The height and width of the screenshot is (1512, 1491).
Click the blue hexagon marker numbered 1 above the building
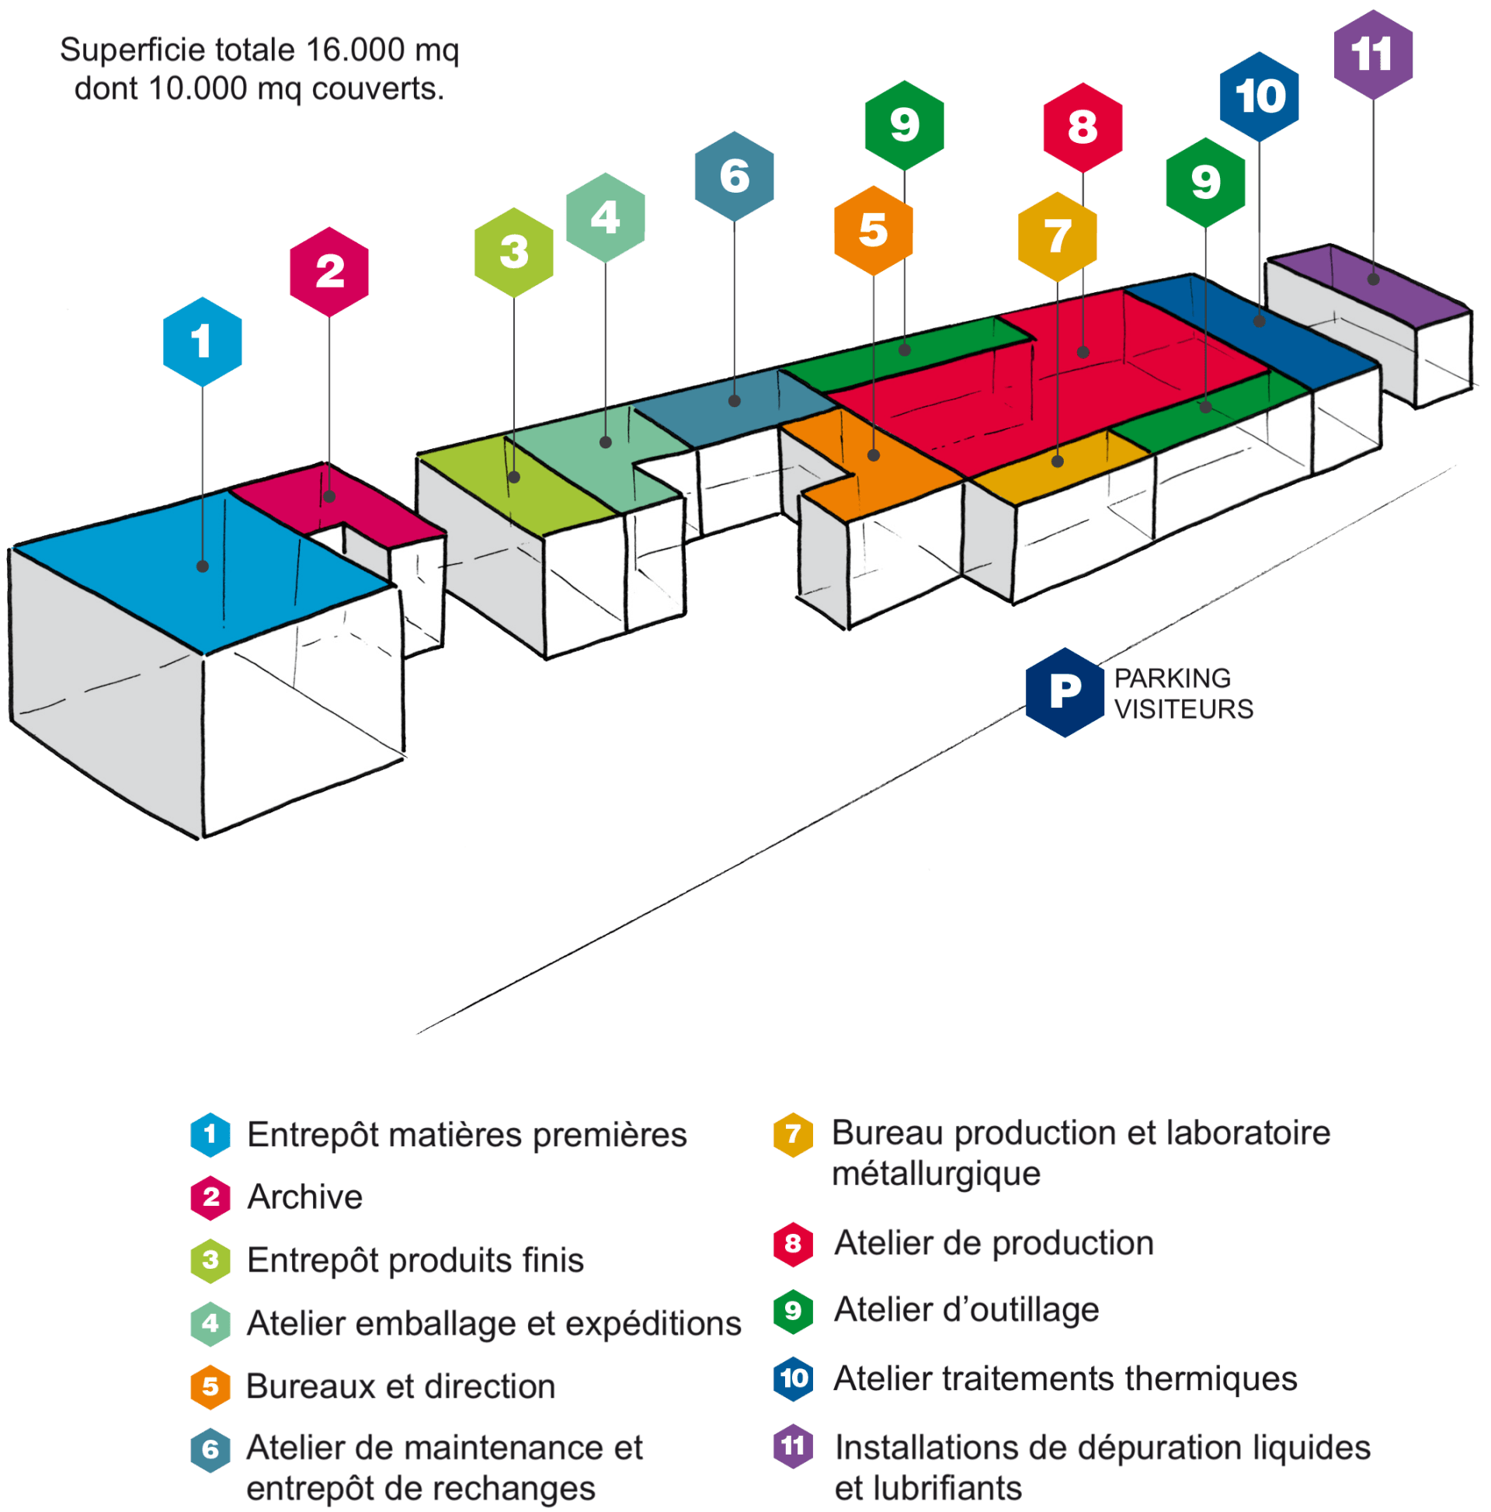203,341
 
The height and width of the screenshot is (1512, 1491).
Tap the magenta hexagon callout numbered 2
329,272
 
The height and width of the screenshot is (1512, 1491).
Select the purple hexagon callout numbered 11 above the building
1373,54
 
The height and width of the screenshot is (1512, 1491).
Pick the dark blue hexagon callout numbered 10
1259,96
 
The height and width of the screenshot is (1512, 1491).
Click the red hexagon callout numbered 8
1083,127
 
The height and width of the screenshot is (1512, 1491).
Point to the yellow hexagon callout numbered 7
1058,236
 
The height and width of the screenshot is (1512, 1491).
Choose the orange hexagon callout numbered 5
873,230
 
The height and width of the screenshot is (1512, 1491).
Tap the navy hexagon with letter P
1065,692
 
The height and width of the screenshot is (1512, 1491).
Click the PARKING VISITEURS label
1183,693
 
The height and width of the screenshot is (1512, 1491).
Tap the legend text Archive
304,1197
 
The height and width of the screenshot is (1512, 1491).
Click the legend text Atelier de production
993,1244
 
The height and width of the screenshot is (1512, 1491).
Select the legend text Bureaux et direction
401,1386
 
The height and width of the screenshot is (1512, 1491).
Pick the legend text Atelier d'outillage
966,1310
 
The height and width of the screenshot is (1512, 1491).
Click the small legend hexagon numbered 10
793,1378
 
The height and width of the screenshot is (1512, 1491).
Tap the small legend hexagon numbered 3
210,1260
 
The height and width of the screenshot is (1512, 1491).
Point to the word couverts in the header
377,89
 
